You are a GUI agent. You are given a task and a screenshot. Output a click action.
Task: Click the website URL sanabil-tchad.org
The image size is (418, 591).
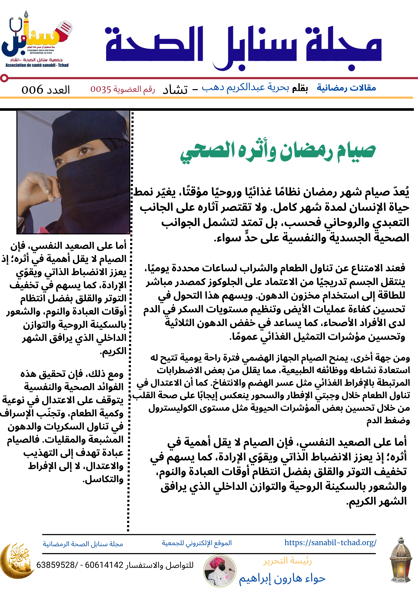[x=330, y=543]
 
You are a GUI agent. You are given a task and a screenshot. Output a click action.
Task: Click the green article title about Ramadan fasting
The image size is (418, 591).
[x=278, y=152]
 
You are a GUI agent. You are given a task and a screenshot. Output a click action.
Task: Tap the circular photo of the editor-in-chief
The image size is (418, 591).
[x=219, y=571]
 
